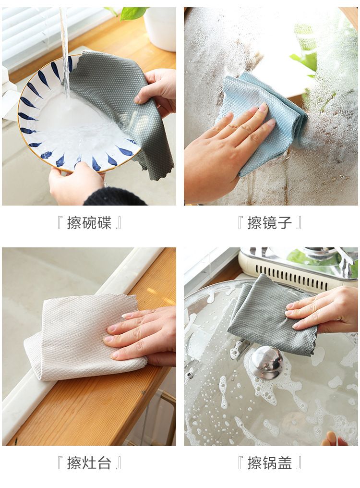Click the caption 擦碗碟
89,223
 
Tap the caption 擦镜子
269,223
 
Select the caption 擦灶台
89,463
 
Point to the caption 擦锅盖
269,463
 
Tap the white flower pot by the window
160,27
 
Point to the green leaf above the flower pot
132,13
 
